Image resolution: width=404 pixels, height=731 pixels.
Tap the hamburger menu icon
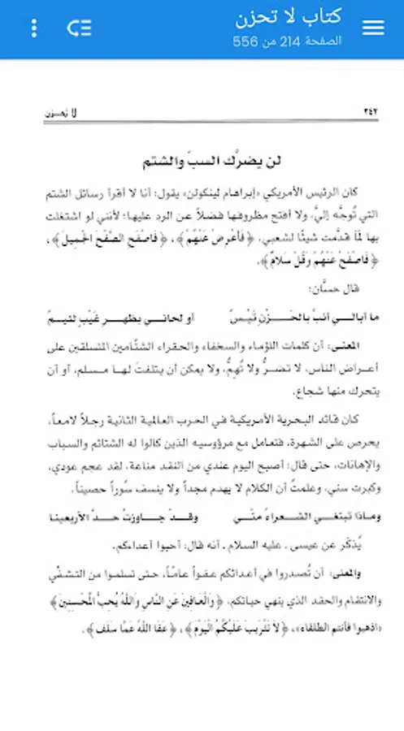tap(373, 28)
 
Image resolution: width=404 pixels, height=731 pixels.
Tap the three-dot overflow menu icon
tap(33, 28)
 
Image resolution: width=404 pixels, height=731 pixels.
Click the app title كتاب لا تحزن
tap(289, 17)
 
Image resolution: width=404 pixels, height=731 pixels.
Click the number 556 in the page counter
tap(245, 40)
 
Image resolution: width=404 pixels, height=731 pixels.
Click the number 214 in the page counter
tap(292, 40)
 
